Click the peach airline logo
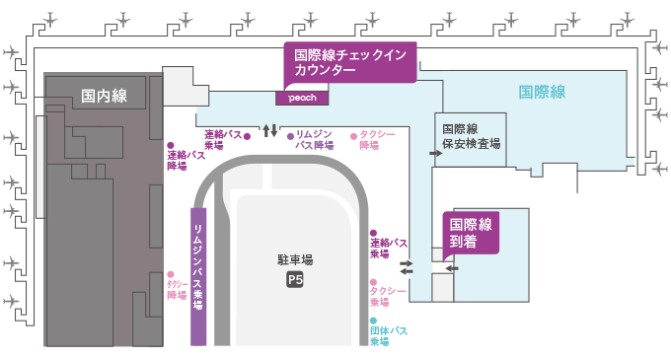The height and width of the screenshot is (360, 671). click(x=302, y=98)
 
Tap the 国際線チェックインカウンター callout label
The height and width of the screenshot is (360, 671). click(x=350, y=62)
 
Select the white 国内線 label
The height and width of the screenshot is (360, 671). click(x=104, y=96)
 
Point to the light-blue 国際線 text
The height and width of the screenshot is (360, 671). click(x=542, y=92)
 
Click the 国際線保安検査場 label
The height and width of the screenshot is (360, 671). click(x=471, y=136)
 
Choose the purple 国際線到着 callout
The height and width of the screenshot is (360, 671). click(x=471, y=234)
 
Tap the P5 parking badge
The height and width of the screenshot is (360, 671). click(x=295, y=280)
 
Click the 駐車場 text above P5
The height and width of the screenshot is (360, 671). click(x=295, y=259)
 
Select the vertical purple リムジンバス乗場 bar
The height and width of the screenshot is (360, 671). click(x=198, y=276)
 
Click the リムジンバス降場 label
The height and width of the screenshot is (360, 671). click(x=315, y=140)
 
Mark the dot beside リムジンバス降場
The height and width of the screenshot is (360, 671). click(x=290, y=136)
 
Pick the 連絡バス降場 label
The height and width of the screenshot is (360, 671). click(x=186, y=161)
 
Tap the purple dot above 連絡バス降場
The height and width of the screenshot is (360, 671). click(x=171, y=145)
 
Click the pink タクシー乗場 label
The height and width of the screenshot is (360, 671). click(x=388, y=296)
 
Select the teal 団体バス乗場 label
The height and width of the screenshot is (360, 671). click(x=389, y=336)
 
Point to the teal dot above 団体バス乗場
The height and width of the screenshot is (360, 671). click(x=374, y=321)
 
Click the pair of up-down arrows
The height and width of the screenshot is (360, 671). click(x=270, y=130)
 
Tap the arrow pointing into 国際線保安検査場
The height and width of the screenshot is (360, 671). click(x=435, y=153)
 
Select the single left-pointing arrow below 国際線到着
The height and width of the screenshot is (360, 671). click(x=452, y=268)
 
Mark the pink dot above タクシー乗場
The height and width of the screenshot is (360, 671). click(x=374, y=283)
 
